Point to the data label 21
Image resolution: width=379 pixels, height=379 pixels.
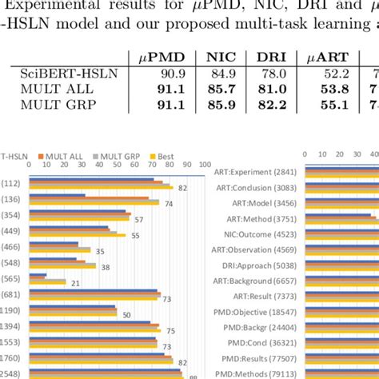(74, 283)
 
